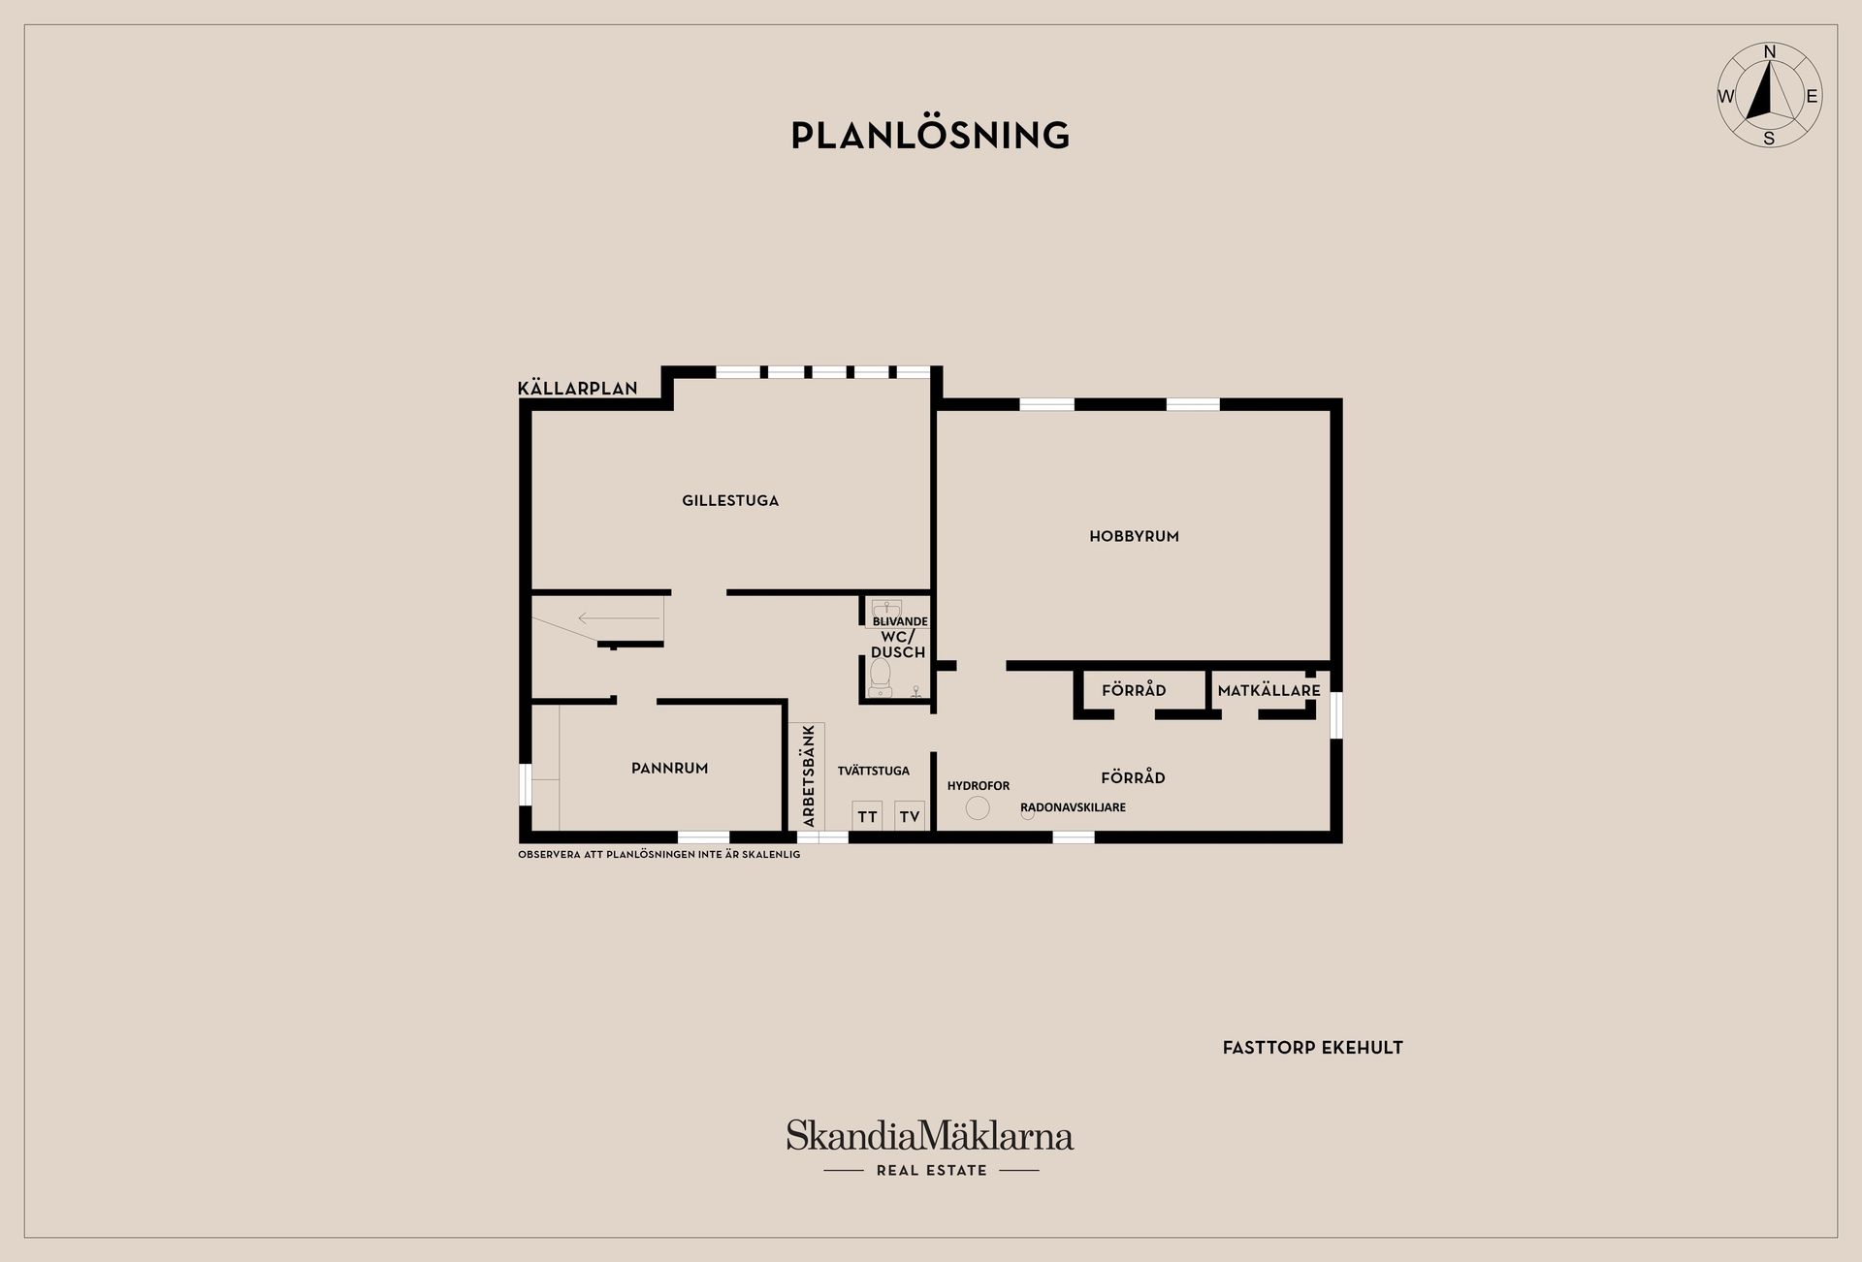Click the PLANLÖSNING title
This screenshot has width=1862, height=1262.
(x=930, y=136)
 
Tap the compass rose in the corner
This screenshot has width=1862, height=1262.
(x=1769, y=96)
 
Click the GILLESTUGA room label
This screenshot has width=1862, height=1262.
(x=730, y=501)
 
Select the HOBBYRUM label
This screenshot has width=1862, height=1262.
(x=1134, y=536)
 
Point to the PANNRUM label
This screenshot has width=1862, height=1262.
(x=669, y=768)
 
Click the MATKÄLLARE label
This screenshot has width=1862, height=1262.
(x=1268, y=691)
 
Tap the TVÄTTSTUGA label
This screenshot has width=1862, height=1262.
(x=873, y=771)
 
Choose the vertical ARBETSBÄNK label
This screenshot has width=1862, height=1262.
(x=809, y=776)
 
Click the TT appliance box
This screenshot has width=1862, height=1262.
(x=867, y=816)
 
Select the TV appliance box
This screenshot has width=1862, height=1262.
(x=909, y=816)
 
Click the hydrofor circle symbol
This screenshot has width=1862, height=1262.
(x=978, y=807)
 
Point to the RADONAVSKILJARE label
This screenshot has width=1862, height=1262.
(x=1073, y=807)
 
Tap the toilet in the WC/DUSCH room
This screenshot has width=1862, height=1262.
(x=881, y=677)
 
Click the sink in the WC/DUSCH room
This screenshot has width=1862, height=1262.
(x=885, y=610)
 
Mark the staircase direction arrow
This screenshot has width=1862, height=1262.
(x=606, y=617)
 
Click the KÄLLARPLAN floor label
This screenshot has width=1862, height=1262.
(x=578, y=389)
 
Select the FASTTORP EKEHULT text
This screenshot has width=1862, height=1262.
(x=1312, y=1048)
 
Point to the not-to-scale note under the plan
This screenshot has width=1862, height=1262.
(x=659, y=855)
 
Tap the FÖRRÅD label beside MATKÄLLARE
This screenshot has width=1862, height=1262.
(x=1133, y=691)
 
